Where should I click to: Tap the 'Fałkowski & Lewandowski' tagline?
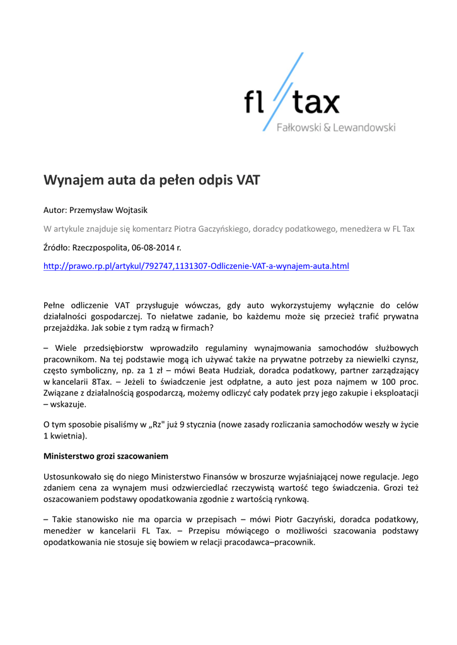[x=337, y=127]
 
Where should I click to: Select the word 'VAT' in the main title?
[x=248, y=181]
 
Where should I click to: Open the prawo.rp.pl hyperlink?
[x=195, y=266]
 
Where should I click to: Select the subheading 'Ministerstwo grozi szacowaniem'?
[x=105, y=455]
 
